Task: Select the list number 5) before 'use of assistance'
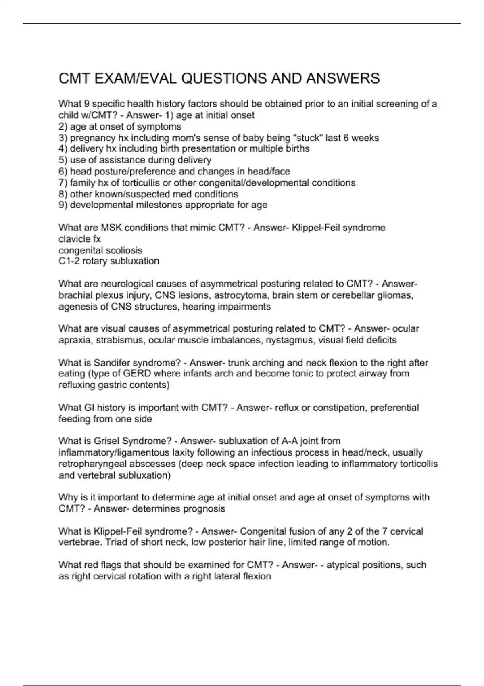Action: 63,160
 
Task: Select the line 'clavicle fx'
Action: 79,239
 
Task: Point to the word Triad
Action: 116,542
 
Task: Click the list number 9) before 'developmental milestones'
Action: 63,205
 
